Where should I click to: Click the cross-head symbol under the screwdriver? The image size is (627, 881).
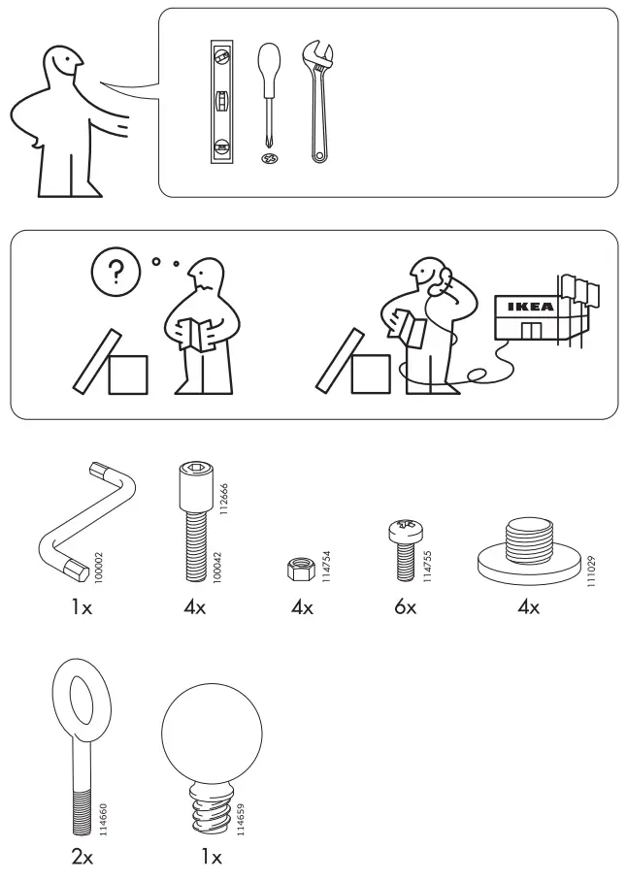(x=269, y=157)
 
